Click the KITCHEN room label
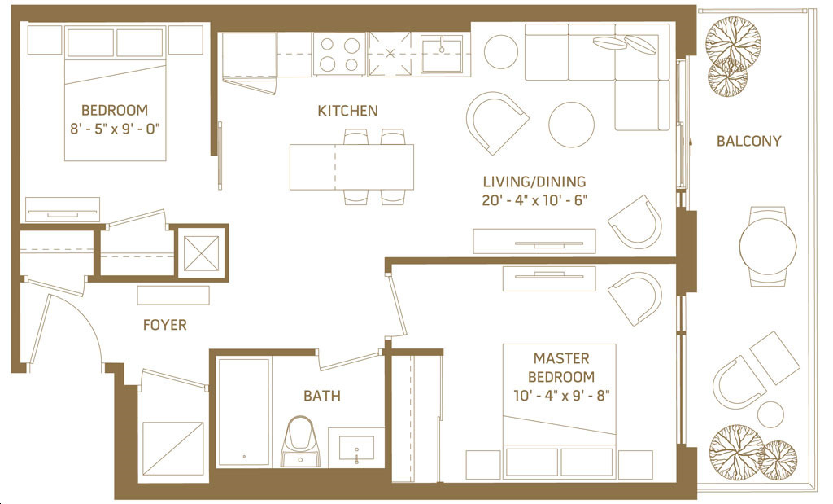click(347, 111)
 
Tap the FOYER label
click(164, 325)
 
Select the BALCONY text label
click(748, 141)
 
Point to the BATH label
click(322, 396)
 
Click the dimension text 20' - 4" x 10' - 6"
click(534, 200)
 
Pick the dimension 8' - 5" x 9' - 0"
click(115, 129)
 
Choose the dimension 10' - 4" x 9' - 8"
click(561, 396)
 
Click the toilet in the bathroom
click(301, 441)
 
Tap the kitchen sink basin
click(442, 54)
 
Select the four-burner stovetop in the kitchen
click(339, 54)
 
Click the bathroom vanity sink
click(356, 448)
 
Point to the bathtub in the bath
click(244, 413)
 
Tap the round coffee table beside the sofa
click(571, 125)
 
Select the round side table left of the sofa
click(501, 51)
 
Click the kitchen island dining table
click(351, 167)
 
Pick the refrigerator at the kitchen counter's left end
click(249, 55)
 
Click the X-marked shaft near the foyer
click(201, 253)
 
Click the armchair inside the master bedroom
click(635, 298)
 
